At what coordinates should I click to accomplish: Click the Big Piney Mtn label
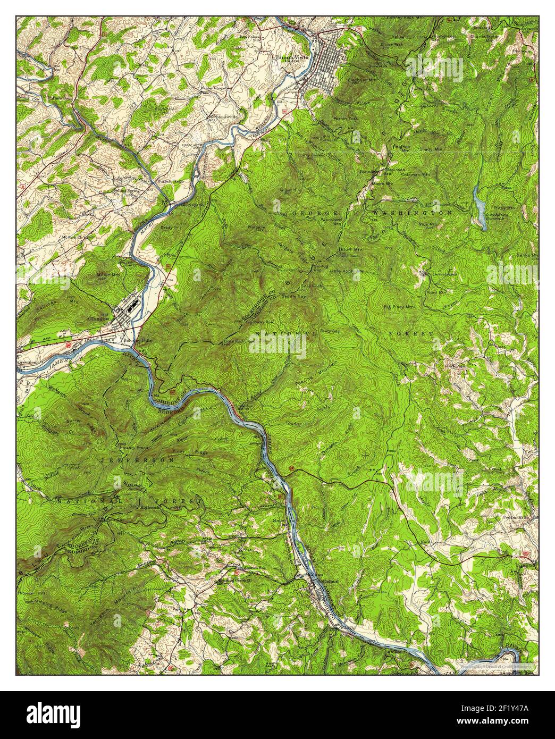[399, 307]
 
